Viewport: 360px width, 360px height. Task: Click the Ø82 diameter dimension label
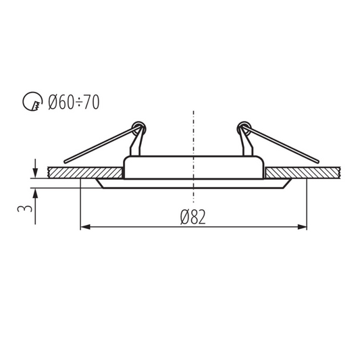tap(193, 217)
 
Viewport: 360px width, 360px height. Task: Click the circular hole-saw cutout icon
tap(32, 103)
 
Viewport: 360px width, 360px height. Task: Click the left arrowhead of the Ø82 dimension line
tap(84, 227)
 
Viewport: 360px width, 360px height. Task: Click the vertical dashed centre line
tap(194, 135)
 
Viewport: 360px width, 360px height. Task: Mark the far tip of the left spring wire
tap(65, 161)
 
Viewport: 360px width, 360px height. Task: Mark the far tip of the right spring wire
tap(317, 161)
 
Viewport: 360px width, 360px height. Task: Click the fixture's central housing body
tap(194, 169)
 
